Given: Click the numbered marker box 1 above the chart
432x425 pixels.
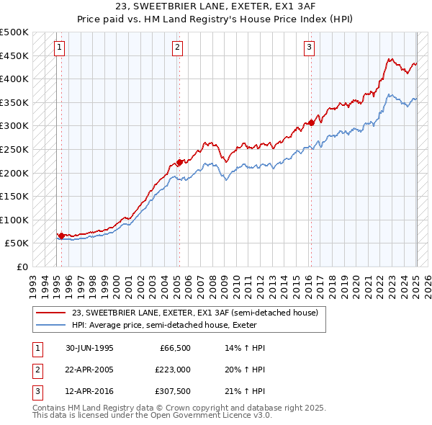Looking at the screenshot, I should click(x=59, y=48).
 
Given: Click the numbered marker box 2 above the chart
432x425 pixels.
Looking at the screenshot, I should click(x=177, y=48).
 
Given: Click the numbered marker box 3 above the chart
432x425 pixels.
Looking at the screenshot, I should click(x=309, y=48).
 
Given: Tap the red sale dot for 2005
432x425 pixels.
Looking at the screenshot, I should click(x=179, y=162).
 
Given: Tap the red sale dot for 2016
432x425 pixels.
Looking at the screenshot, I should click(x=311, y=122).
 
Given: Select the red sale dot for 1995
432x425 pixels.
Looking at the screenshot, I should click(x=61, y=236).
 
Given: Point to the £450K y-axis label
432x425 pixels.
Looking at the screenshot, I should click(x=15, y=55).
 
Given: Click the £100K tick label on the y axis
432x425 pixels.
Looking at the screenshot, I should click(x=15, y=220).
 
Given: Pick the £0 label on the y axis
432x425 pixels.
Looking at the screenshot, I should click(x=22, y=267).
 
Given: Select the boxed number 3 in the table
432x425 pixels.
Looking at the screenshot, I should click(x=36, y=391).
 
